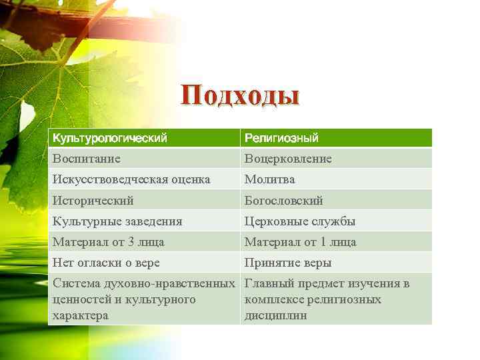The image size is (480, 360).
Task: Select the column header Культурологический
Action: [110, 138]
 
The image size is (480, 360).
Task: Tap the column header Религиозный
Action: [281, 138]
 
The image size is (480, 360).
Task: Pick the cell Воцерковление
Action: [288, 159]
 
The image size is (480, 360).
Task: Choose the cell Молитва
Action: [269, 179]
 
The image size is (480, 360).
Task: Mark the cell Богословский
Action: [284, 200]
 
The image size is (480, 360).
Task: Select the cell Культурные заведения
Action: [117, 221]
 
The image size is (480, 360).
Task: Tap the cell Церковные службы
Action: [300, 221]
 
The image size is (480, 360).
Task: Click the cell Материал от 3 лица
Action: [109, 242]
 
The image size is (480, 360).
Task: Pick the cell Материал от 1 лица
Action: [301, 242]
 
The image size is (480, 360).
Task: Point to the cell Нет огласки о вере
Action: [106, 263]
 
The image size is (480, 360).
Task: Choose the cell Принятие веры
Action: [288, 263]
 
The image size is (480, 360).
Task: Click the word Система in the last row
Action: [75, 284]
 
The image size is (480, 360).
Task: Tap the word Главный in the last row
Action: [269, 284]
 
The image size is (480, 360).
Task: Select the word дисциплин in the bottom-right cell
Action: [276, 315]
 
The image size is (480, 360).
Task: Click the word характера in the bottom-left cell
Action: [81, 315]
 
